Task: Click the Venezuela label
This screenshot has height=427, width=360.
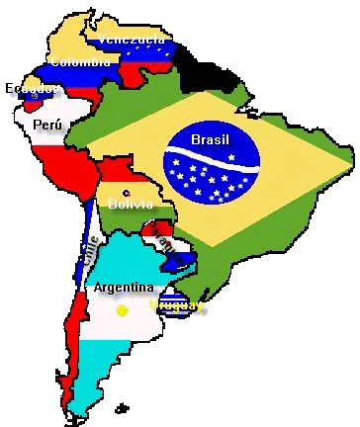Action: pos(132,39)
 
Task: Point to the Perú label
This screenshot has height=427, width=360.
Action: pos(46,125)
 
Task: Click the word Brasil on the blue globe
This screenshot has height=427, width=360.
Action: pos(210,139)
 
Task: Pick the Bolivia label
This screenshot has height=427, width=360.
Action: pos(131,204)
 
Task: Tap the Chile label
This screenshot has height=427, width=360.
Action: pos(89,253)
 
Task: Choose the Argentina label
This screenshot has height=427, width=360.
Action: pos(124,288)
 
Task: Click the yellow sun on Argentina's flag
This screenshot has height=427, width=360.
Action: pos(122,310)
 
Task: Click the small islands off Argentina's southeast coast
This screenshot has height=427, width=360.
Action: pos(122,406)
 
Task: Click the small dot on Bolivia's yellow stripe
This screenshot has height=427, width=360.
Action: pos(126,193)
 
